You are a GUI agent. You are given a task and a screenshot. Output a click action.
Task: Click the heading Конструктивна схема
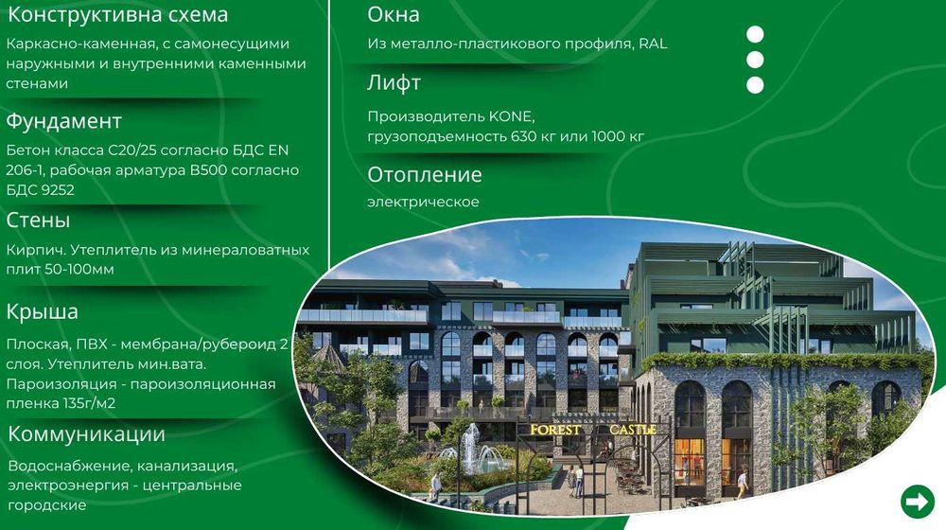point(117,15)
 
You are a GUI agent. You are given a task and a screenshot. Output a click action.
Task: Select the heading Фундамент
point(64,122)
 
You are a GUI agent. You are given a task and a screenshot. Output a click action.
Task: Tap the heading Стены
point(39,221)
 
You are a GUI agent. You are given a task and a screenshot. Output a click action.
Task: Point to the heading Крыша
point(43,311)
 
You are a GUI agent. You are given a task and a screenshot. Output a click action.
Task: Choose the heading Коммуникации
point(87,434)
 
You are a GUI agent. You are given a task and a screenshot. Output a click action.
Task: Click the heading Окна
point(394,15)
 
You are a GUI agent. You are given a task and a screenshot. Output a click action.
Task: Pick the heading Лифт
point(394,82)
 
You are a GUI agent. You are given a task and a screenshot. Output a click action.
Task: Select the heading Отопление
point(425,175)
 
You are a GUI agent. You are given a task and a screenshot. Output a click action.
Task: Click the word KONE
point(512,117)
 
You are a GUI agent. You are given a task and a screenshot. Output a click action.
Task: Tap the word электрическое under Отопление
point(424,202)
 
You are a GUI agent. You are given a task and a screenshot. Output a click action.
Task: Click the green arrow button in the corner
point(917,501)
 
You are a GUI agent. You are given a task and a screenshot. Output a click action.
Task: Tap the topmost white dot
point(755,35)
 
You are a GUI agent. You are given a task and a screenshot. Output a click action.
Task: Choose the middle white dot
point(755,60)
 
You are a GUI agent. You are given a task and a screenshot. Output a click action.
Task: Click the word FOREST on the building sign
point(556,430)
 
